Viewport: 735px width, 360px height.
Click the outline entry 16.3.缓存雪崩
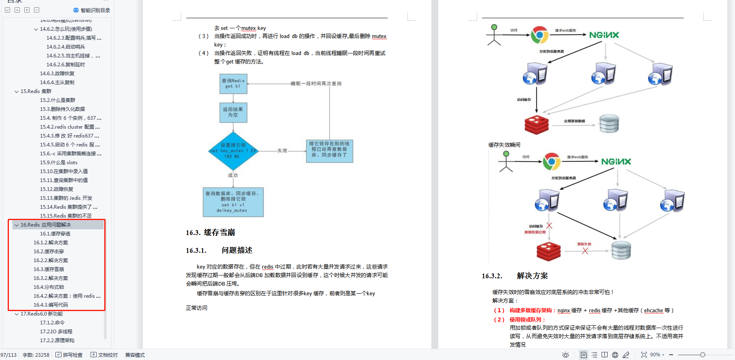tap(49, 269)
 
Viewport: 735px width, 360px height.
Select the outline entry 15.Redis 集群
tap(36, 91)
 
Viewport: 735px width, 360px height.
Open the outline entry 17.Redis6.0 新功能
tap(42, 314)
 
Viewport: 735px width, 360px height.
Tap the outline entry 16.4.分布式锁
tap(49, 287)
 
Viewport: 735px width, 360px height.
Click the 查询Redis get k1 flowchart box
tap(233, 84)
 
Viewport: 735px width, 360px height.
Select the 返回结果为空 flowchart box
tap(233, 112)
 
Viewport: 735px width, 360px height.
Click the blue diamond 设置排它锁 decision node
tap(233, 151)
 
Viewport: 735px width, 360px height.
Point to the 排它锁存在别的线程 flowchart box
tap(329, 149)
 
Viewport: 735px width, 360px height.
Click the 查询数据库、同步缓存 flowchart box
tap(233, 202)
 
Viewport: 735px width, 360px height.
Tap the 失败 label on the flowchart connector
tap(282, 150)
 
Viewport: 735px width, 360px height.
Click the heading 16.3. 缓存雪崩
tap(210, 233)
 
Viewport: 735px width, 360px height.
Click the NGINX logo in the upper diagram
tap(604, 35)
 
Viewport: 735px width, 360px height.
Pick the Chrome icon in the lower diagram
tap(551, 161)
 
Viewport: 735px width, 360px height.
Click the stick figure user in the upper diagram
tap(494, 35)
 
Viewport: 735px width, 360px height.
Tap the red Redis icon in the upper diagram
tap(536, 125)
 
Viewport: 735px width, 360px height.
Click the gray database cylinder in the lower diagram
tap(621, 250)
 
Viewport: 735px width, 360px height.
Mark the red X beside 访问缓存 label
tap(549, 226)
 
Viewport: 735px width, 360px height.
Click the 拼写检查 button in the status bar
tap(69, 355)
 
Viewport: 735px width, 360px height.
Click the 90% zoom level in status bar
tap(655, 355)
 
